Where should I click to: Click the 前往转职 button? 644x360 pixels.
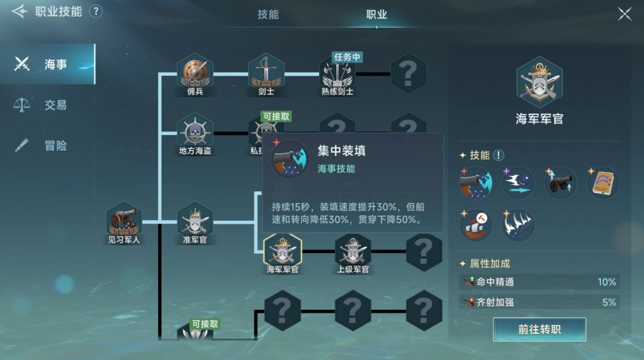point(539,329)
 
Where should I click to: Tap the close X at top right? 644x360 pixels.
point(624,14)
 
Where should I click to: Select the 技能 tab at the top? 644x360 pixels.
point(268,15)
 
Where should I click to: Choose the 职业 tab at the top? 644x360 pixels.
point(377,15)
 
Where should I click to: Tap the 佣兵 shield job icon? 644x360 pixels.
point(195,74)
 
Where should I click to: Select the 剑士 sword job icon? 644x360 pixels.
point(266,74)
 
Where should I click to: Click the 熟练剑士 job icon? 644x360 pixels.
point(337,76)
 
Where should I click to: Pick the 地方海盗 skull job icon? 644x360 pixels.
point(195,134)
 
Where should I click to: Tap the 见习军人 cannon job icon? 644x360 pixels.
point(123,222)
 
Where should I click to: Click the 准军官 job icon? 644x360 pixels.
point(195,222)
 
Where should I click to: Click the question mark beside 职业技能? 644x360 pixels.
point(95,11)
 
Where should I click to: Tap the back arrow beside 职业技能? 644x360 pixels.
point(19,11)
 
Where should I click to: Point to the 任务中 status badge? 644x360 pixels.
point(347,57)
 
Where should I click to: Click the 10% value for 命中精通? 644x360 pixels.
point(606,282)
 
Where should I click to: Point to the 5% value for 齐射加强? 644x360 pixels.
point(609,303)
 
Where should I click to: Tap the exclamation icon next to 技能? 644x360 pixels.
point(498,155)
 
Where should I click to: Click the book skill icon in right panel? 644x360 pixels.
point(602,183)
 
